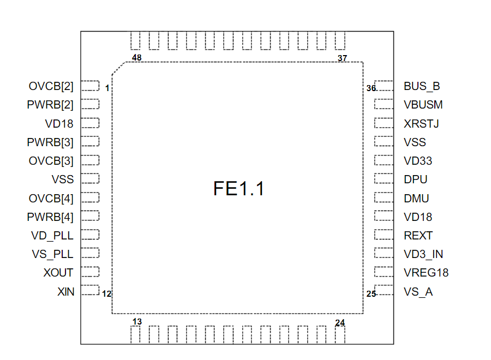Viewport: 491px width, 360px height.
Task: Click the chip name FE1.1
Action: (x=238, y=189)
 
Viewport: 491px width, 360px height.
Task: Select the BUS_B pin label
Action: (x=422, y=86)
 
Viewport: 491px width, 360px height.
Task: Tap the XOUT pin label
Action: (x=58, y=273)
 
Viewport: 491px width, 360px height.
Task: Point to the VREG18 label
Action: (x=426, y=273)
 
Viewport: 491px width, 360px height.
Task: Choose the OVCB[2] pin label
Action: (x=51, y=86)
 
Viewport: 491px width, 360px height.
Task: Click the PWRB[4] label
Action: (x=50, y=217)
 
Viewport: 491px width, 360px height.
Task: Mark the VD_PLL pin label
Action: (x=52, y=236)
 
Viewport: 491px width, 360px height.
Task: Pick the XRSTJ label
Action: (x=421, y=124)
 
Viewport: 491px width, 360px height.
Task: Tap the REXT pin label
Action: (x=418, y=236)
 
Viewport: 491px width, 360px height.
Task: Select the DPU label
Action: (x=416, y=179)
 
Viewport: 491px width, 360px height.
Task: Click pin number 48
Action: (x=137, y=57)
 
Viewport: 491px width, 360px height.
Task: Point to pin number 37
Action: (x=342, y=58)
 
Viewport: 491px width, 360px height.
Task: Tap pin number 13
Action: (x=137, y=322)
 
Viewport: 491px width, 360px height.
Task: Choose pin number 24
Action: (x=340, y=323)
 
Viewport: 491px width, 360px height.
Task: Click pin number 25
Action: (x=371, y=294)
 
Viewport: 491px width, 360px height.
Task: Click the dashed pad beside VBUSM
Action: (x=384, y=104)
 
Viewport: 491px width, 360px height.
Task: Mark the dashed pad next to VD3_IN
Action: (x=384, y=254)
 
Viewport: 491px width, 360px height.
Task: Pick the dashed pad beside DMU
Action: (x=384, y=198)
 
